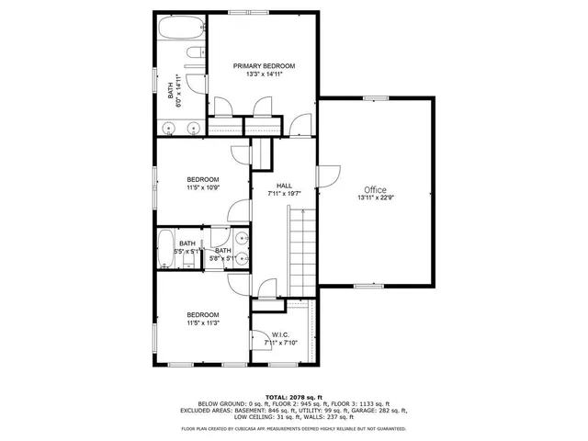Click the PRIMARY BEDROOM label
[x=264, y=66]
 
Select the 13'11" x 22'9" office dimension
[x=374, y=197]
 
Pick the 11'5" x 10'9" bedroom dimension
[x=203, y=187]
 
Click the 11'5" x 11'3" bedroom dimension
[x=203, y=322]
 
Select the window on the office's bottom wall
[x=369, y=286]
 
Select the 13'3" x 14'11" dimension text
[x=264, y=74]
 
